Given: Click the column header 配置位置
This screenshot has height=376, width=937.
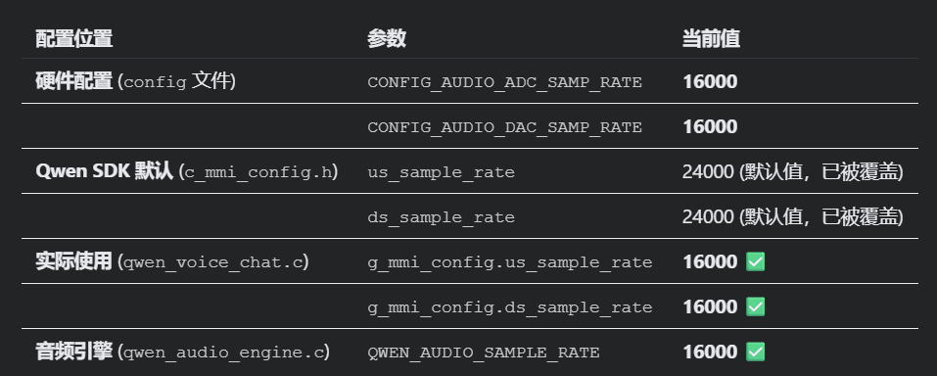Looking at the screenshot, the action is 74,39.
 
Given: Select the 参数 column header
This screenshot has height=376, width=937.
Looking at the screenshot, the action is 387,39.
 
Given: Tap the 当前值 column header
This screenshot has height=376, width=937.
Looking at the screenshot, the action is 711,39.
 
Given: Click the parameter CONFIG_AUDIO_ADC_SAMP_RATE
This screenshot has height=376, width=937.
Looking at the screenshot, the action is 505,82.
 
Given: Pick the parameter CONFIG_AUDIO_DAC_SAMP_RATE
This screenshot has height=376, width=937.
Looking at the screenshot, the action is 505,126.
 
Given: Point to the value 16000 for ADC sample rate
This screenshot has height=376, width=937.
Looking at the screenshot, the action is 710,81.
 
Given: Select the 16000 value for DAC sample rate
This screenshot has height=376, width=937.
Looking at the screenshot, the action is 710,126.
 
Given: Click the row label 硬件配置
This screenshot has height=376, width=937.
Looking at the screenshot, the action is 74,80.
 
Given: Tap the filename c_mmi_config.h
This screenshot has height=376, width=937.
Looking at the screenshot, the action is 258,172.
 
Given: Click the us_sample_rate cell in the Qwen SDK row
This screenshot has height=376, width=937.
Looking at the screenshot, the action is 441,172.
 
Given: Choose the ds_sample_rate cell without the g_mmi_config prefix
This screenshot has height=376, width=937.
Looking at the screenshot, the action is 441,217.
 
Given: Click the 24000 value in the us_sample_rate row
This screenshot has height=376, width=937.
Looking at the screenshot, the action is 708,171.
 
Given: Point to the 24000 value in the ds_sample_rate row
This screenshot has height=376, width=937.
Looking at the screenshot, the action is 708,216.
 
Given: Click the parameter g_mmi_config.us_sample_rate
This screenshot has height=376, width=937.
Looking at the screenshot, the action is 510,261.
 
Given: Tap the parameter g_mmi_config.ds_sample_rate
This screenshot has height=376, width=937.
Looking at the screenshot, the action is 510,306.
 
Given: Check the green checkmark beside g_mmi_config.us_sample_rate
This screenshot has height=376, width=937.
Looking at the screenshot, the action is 755,261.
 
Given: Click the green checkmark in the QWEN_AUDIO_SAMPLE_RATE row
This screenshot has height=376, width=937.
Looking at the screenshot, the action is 755,352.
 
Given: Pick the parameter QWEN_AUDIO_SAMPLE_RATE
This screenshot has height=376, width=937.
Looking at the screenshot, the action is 484,352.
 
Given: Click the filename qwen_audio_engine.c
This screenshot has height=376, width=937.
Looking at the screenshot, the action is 223,352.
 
